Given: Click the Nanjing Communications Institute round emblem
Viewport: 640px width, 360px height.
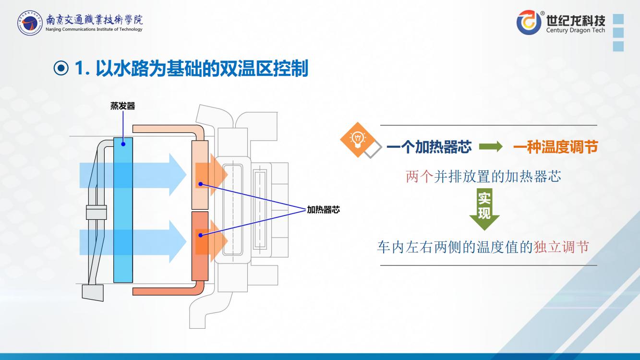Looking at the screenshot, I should click(x=30, y=23).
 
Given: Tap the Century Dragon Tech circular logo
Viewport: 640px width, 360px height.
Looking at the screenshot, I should click(x=529, y=23).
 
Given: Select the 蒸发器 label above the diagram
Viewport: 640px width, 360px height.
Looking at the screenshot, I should click(x=123, y=107).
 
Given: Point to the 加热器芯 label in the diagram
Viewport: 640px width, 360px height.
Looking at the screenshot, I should click(x=324, y=210).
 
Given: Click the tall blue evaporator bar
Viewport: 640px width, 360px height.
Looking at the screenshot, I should click(x=123, y=210).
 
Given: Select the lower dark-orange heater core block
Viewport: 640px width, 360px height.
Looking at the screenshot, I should click(x=200, y=246).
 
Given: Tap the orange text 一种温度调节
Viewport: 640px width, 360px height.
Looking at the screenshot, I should click(x=555, y=147).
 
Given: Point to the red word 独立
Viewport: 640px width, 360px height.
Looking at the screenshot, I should click(x=547, y=248).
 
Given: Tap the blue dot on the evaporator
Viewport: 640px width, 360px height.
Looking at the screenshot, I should click(x=123, y=144).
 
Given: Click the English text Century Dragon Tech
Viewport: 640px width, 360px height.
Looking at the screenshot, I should click(x=576, y=31).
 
